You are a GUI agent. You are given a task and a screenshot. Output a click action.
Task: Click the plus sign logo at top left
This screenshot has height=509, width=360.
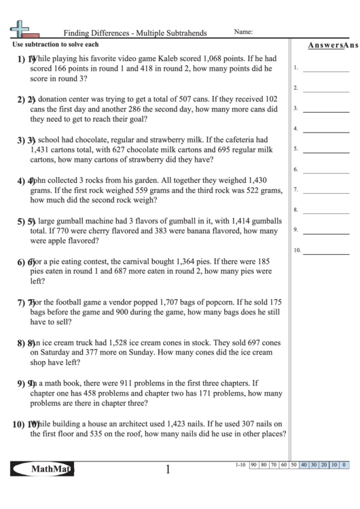click(x=21, y=28)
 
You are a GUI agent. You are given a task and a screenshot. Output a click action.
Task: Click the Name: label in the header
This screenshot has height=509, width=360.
click(x=243, y=31)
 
